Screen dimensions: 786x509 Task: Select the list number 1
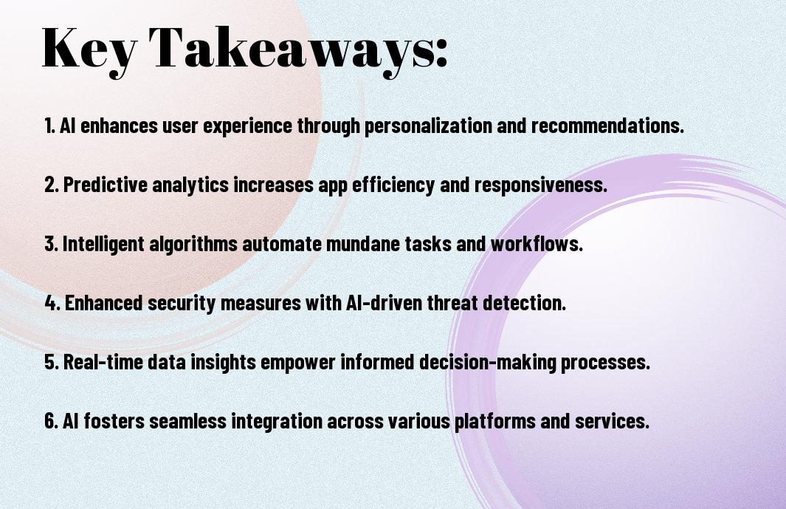(49, 126)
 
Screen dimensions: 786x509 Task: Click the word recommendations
(607, 126)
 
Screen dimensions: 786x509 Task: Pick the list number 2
(51, 185)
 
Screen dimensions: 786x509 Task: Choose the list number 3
(51, 244)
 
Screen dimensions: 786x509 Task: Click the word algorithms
(193, 245)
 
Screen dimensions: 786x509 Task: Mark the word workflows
(537, 244)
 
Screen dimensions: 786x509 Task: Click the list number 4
(52, 303)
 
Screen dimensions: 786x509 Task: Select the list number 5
(51, 362)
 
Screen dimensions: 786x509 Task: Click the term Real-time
(103, 362)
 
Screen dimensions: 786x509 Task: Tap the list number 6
(51, 421)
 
